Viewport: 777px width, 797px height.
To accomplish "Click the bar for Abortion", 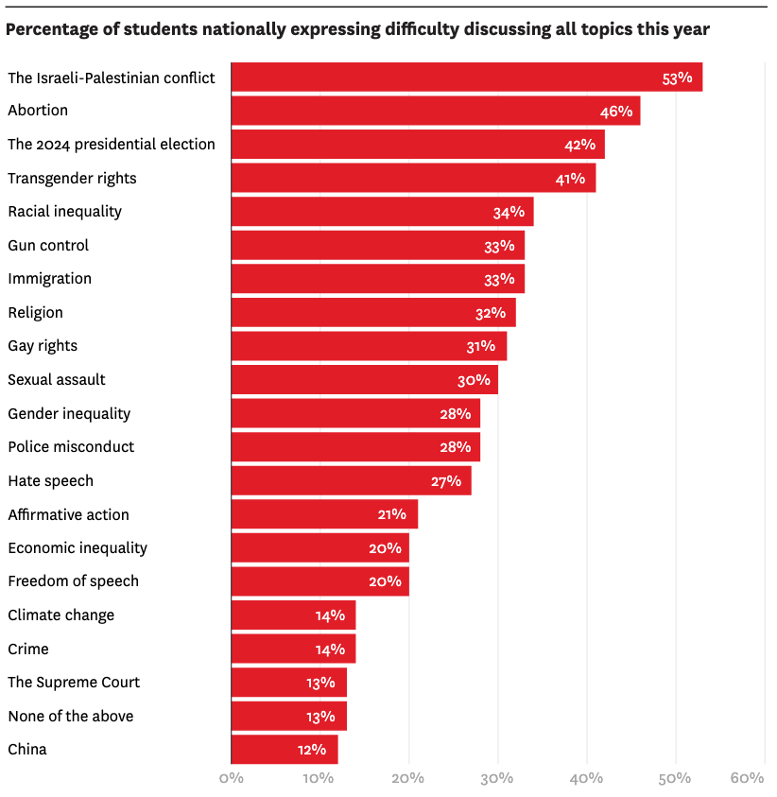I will click(x=435, y=111).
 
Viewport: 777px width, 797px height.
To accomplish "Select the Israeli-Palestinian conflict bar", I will click(x=466, y=78).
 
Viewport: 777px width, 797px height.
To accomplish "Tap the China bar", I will click(x=284, y=750).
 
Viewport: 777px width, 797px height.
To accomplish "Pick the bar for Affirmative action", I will click(x=323, y=514).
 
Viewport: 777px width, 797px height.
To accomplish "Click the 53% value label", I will click(x=677, y=78).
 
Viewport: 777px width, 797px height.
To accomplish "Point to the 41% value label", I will click(x=570, y=179).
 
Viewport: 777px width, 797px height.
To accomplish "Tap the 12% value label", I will click(x=311, y=750).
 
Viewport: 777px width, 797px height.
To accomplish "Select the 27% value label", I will click(x=445, y=481).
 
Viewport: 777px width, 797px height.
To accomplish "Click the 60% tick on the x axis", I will click(x=747, y=778).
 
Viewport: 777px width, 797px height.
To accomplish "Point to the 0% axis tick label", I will click(x=231, y=778).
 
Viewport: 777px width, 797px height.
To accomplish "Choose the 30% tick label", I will click(x=497, y=778).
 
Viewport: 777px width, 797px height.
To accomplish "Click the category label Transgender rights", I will click(x=72, y=178).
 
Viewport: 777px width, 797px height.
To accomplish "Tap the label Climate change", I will click(x=60, y=615).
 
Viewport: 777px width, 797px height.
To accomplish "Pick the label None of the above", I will click(x=70, y=716).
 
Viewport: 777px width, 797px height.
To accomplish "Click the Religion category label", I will click(x=35, y=312).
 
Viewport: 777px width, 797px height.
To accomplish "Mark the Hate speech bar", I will click(x=351, y=481).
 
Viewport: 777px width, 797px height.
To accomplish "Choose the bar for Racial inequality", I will click(x=382, y=212).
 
